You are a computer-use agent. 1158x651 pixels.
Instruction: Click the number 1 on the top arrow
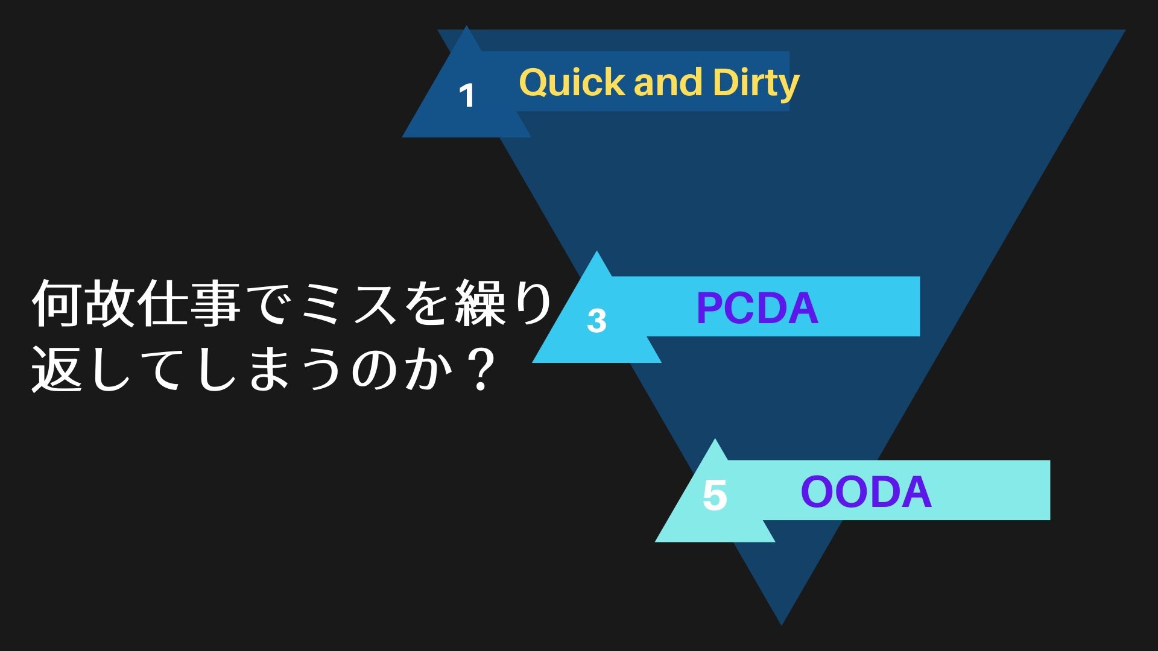click(467, 95)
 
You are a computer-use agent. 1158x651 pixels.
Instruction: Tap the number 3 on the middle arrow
click(596, 321)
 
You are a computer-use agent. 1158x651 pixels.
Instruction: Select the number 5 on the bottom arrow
click(715, 495)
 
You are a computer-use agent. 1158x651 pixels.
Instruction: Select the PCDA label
click(757, 308)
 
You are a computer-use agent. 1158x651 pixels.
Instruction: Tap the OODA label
click(865, 492)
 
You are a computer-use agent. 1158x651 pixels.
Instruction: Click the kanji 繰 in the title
click(479, 303)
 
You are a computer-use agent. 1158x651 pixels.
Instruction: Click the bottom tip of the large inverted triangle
click(781, 623)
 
